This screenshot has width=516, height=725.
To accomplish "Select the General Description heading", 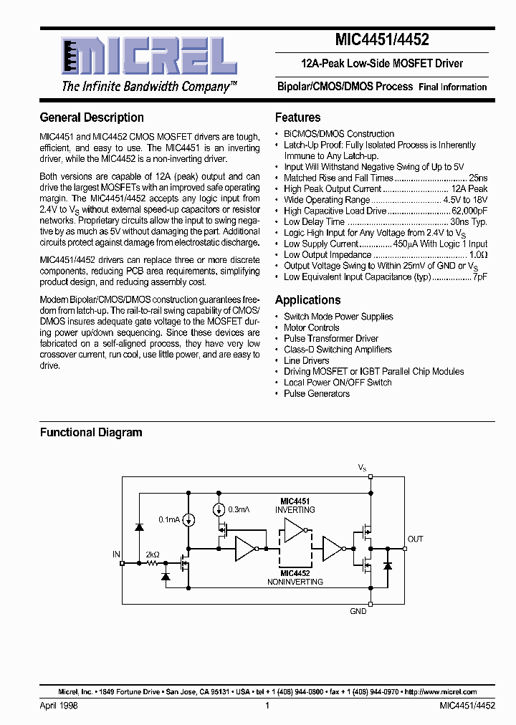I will [x=92, y=117].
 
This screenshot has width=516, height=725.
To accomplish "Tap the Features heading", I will [x=297, y=117].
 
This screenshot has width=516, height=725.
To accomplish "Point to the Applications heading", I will [x=307, y=300].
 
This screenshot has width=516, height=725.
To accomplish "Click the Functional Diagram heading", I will [x=91, y=433].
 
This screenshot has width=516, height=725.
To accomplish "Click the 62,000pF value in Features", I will [x=469, y=211].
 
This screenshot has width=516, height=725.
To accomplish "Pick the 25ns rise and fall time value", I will [x=477, y=178].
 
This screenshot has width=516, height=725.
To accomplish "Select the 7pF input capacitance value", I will [x=480, y=277].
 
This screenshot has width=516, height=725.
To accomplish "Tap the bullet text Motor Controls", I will [x=311, y=327].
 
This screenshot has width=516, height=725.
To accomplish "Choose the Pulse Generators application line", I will [x=316, y=393].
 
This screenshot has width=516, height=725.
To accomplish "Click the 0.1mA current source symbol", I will [x=188, y=520].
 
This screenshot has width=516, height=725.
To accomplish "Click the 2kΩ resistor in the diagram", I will [x=152, y=564].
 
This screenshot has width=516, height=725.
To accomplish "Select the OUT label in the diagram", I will [x=415, y=539].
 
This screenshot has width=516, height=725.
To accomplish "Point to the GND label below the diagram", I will [x=358, y=611].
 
